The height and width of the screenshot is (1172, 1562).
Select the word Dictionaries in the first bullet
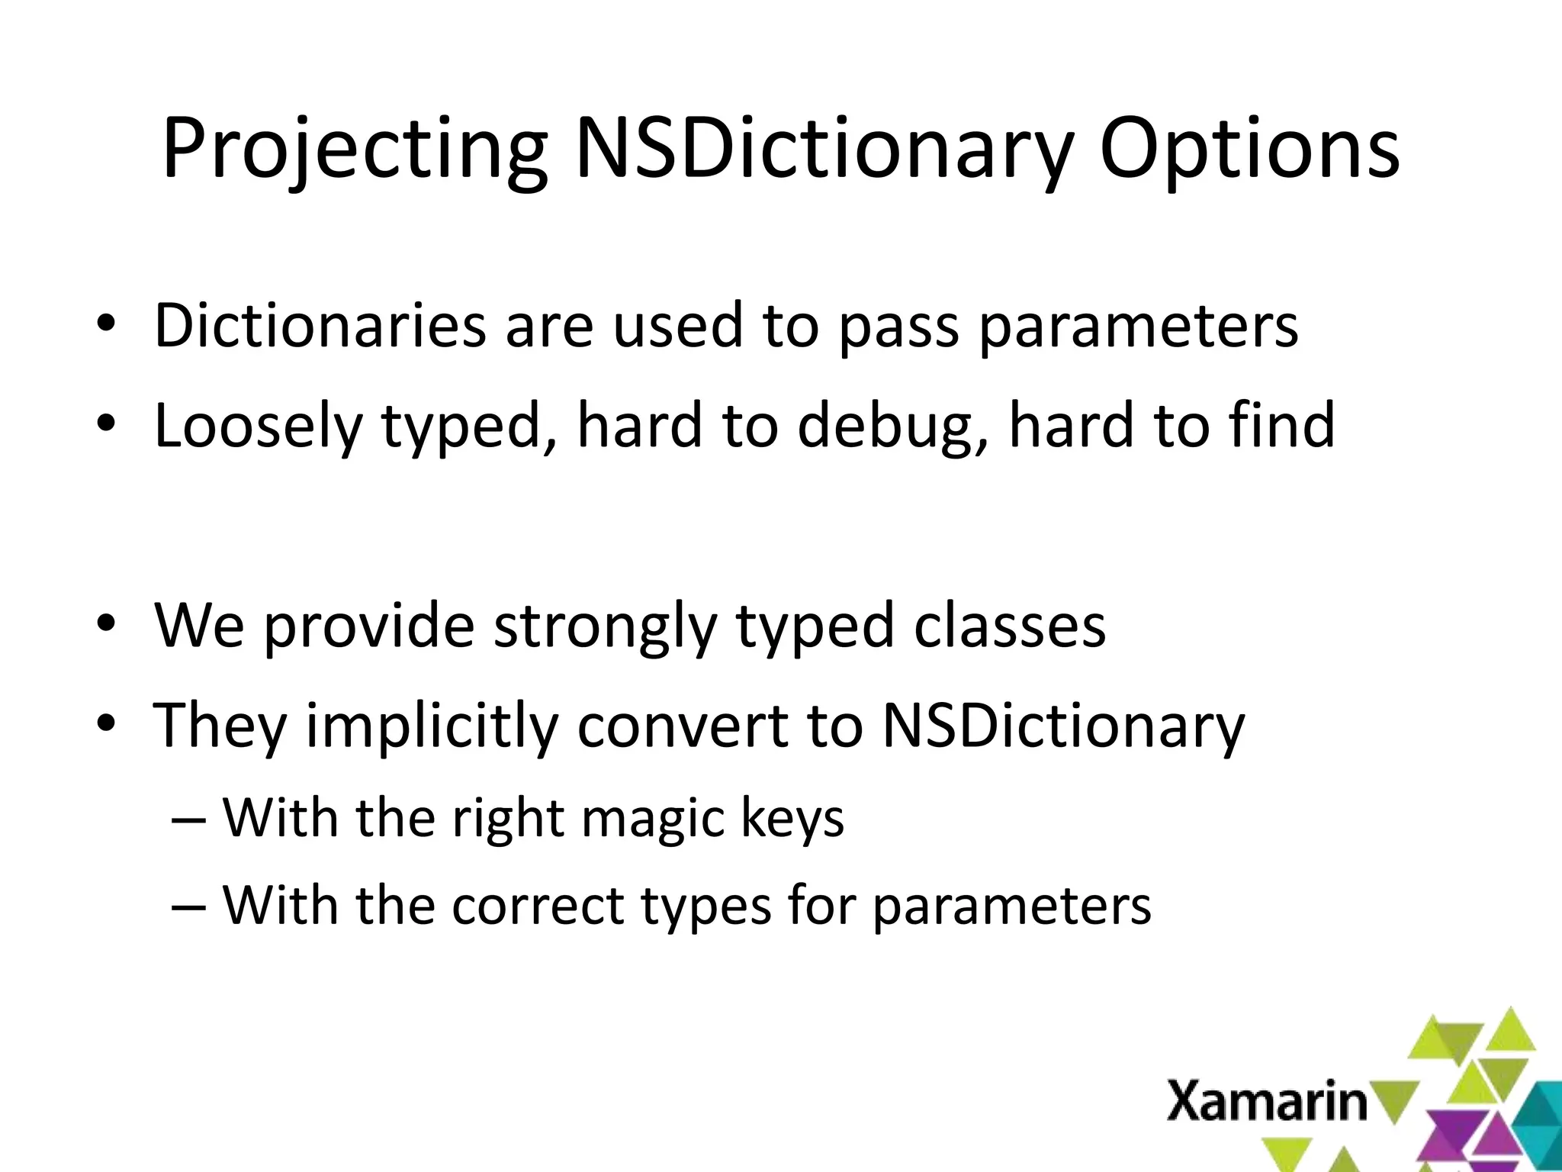[x=320, y=326]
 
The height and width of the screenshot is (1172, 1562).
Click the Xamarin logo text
[x=1267, y=1102]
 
